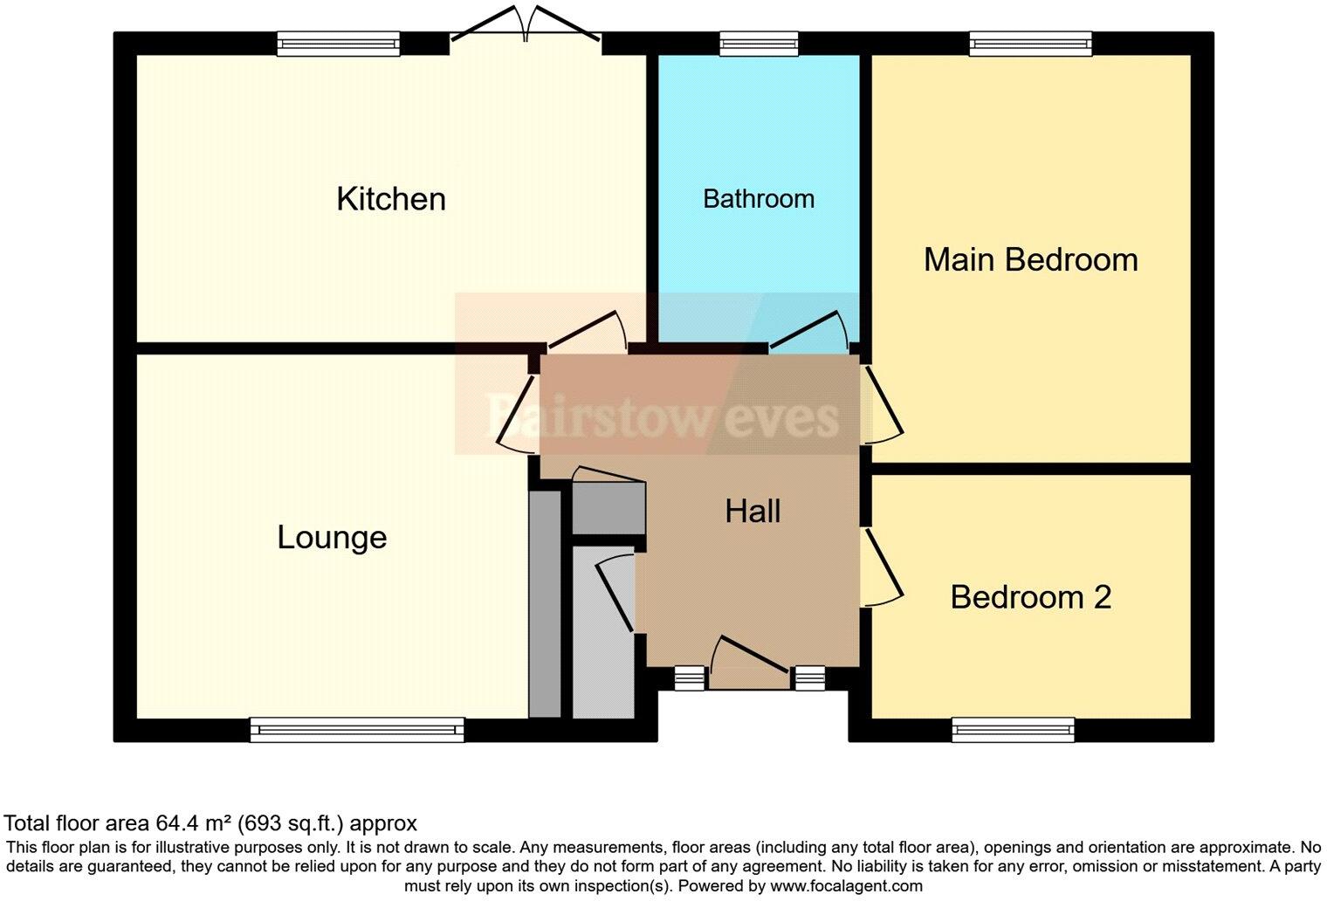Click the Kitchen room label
click(x=390, y=199)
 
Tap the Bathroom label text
click(x=758, y=199)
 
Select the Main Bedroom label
click(x=1030, y=259)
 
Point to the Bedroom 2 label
click(x=1030, y=597)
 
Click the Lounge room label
click(x=332, y=537)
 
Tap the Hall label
click(x=753, y=511)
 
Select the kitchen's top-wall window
click(x=339, y=44)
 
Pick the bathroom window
click(x=758, y=44)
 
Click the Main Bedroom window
click(x=1030, y=44)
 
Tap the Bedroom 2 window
click(x=1013, y=729)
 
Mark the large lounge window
click(x=357, y=730)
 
